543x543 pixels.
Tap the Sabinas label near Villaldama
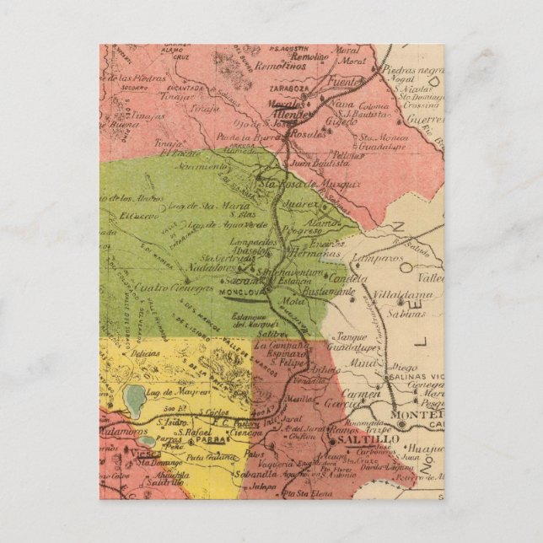point(405,315)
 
